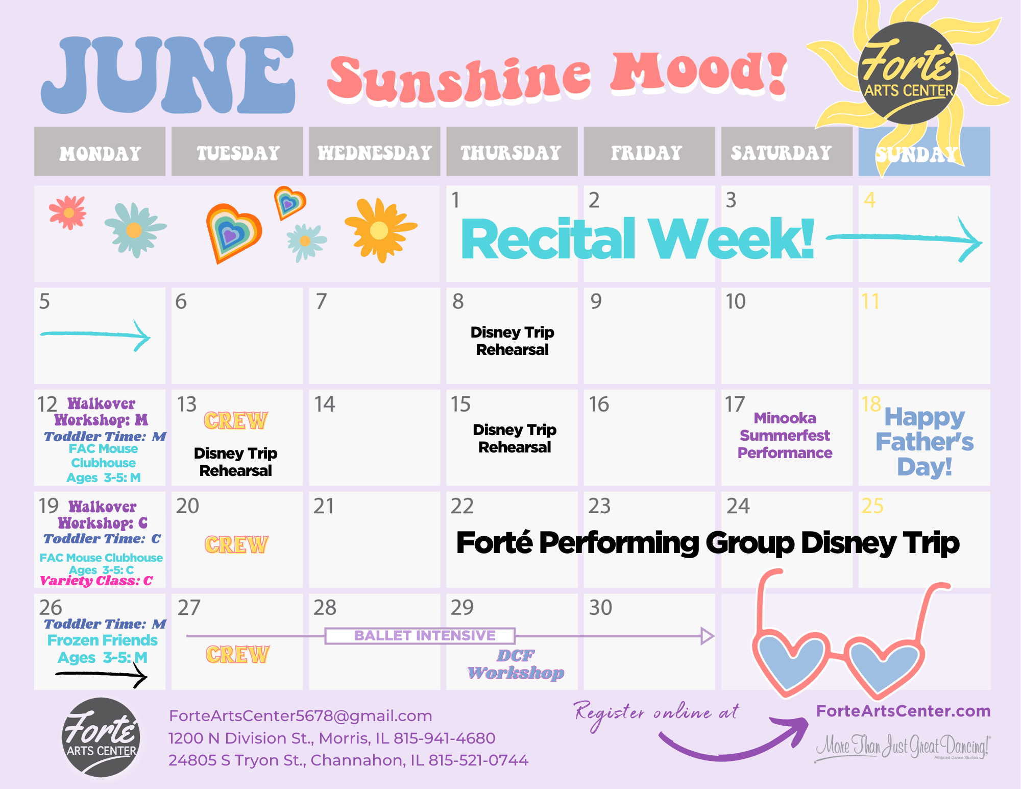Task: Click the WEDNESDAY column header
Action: (x=375, y=152)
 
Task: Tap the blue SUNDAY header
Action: (x=924, y=152)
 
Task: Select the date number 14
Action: (x=325, y=404)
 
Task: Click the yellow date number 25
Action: (x=872, y=506)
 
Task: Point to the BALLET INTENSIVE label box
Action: (x=420, y=636)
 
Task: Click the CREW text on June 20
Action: (x=236, y=545)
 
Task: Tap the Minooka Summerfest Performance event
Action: (x=785, y=436)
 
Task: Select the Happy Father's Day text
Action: (x=925, y=442)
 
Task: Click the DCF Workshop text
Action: (x=516, y=664)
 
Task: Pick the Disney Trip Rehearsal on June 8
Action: (x=513, y=341)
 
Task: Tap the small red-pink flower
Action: (x=68, y=212)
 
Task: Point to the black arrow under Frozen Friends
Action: (x=101, y=675)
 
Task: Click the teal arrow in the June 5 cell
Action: (x=95, y=335)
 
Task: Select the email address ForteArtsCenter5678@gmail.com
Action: (x=301, y=716)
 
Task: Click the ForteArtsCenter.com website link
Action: (x=903, y=711)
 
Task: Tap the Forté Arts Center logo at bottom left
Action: (x=102, y=737)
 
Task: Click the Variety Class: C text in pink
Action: (x=96, y=581)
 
